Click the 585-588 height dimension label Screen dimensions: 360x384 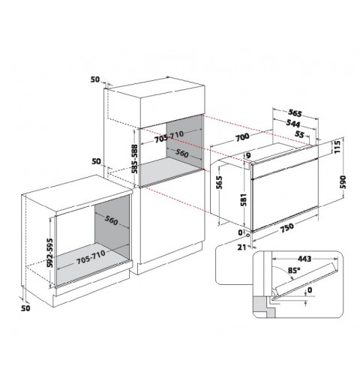(x=134, y=159)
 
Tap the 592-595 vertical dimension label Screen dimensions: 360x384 (x=50, y=253)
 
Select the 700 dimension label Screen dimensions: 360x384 (x=242, y=136)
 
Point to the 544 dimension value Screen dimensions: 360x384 (x=293, y=123)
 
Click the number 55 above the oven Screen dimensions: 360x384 (x=299, y=134)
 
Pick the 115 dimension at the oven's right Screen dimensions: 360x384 (x=337, y=147)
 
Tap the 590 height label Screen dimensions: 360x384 (x=343, y=182)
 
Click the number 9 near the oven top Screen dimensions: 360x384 (x=248, y=155)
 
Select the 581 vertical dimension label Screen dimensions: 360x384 (x=244, y=199)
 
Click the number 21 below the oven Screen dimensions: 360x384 (x=241, y=247)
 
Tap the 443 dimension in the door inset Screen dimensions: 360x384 (x=304, y=259)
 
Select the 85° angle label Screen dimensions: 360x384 (x=294, y=270)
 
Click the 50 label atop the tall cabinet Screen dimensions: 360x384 (x=95, y=79)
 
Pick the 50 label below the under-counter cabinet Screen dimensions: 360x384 (x=25, y=308)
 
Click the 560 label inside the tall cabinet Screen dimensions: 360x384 (x=181, y=153)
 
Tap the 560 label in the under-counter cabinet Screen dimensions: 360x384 (x=111, y=220)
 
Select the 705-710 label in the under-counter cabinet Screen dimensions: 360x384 (x=91, y=257)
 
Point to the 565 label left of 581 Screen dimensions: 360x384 (x=219, y=182)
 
